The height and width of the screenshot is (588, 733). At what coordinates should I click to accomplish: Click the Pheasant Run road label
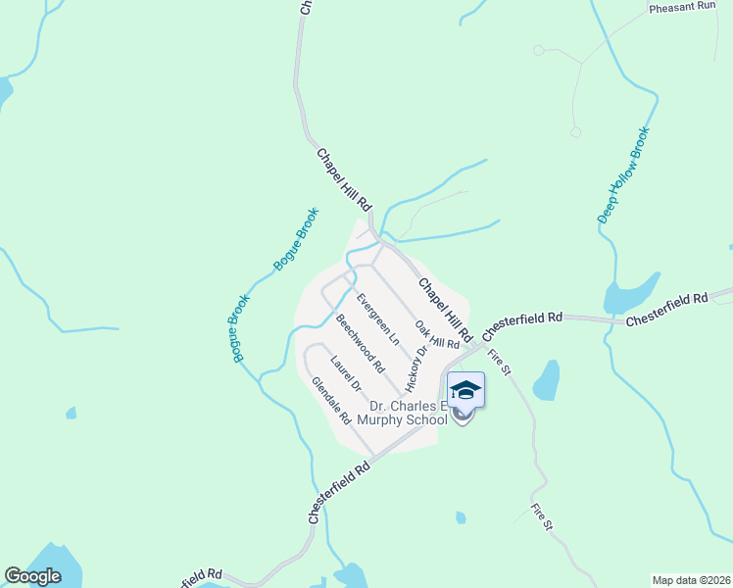point(683,7)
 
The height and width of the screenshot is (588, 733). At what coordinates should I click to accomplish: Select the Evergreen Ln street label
point(378,318)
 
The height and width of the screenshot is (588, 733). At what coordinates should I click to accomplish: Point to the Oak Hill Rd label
point(436,335)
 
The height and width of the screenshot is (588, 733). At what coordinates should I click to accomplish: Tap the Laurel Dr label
point(346,372)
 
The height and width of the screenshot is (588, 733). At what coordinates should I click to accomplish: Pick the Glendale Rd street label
point(331,400)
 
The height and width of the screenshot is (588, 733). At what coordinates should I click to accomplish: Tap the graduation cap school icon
point(465,390)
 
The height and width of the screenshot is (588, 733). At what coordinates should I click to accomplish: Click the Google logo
point(32,576)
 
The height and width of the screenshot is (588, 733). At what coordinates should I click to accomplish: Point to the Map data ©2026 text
point(691,580)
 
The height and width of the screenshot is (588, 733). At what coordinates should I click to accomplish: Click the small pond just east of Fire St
point(546,380)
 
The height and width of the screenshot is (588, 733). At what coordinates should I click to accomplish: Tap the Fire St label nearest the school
point(499,363)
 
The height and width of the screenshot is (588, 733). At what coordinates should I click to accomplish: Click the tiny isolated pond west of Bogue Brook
point(71,414)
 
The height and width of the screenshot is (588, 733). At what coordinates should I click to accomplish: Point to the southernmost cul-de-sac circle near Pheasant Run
point(575,131)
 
